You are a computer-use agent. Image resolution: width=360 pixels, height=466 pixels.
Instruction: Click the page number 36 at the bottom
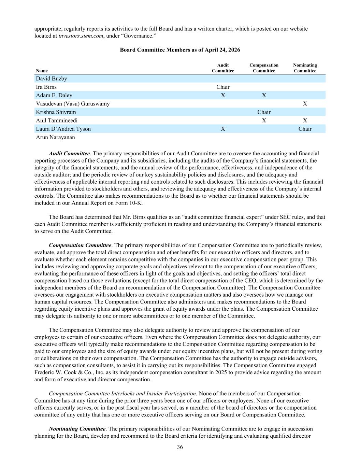(180, 447)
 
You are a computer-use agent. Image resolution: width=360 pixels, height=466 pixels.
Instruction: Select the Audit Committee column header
(223, 68)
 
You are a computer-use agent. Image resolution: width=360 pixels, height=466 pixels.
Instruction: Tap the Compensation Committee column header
(264, 68)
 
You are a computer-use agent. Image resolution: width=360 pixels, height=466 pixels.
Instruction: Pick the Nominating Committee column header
(305, 68)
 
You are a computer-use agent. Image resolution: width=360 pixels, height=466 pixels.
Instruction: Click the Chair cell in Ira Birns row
(223, 87)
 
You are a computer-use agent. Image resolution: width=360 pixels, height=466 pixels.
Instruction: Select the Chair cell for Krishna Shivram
(264, 112)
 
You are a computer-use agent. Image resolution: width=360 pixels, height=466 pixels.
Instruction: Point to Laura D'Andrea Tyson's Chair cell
(305, 129)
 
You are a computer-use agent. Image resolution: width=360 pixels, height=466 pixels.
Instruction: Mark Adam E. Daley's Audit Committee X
(223, 95)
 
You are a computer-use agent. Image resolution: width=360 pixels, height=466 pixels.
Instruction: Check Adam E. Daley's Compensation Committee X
(264, 95)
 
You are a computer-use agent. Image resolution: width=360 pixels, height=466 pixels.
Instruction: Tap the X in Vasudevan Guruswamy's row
(305, 104)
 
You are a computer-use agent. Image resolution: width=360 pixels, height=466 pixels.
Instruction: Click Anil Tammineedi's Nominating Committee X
(305, 121)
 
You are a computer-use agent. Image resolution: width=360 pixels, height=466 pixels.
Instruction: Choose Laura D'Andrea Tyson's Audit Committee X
(223, 129)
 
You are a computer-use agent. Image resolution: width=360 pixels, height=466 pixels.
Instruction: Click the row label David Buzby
(52, 79)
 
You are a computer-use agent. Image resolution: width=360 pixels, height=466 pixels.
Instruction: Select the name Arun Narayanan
(55, 137)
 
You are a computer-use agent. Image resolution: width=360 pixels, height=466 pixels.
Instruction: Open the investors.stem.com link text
(81, 36)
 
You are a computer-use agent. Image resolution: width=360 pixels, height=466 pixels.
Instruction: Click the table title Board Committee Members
(180, 50)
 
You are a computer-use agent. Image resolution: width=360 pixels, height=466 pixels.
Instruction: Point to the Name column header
(42, 71)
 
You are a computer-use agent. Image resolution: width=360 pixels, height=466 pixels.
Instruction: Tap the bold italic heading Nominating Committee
(77, 429)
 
